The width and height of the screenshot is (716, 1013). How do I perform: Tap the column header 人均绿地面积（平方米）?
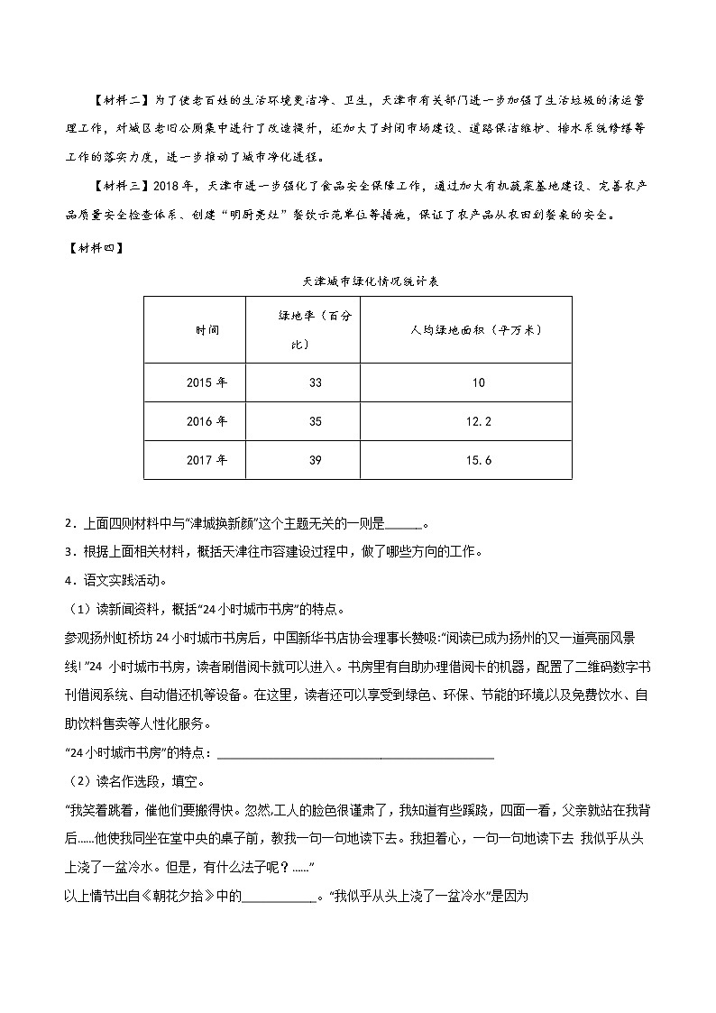(476, 329)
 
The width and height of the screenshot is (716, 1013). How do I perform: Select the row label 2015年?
(207, 382)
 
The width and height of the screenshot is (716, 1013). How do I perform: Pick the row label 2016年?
(207, 421)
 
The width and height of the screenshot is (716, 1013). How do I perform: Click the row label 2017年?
(207, 460)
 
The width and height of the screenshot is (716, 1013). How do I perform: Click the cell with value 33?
(315, 382)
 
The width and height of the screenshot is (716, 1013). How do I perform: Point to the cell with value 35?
(315, 421)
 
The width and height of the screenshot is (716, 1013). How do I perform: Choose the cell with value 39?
(315, 460)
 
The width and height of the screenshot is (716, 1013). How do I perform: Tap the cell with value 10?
(478, 382)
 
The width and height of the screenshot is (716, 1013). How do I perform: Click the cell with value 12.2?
(478, 421)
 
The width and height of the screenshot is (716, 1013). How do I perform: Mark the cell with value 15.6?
(478, 460)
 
